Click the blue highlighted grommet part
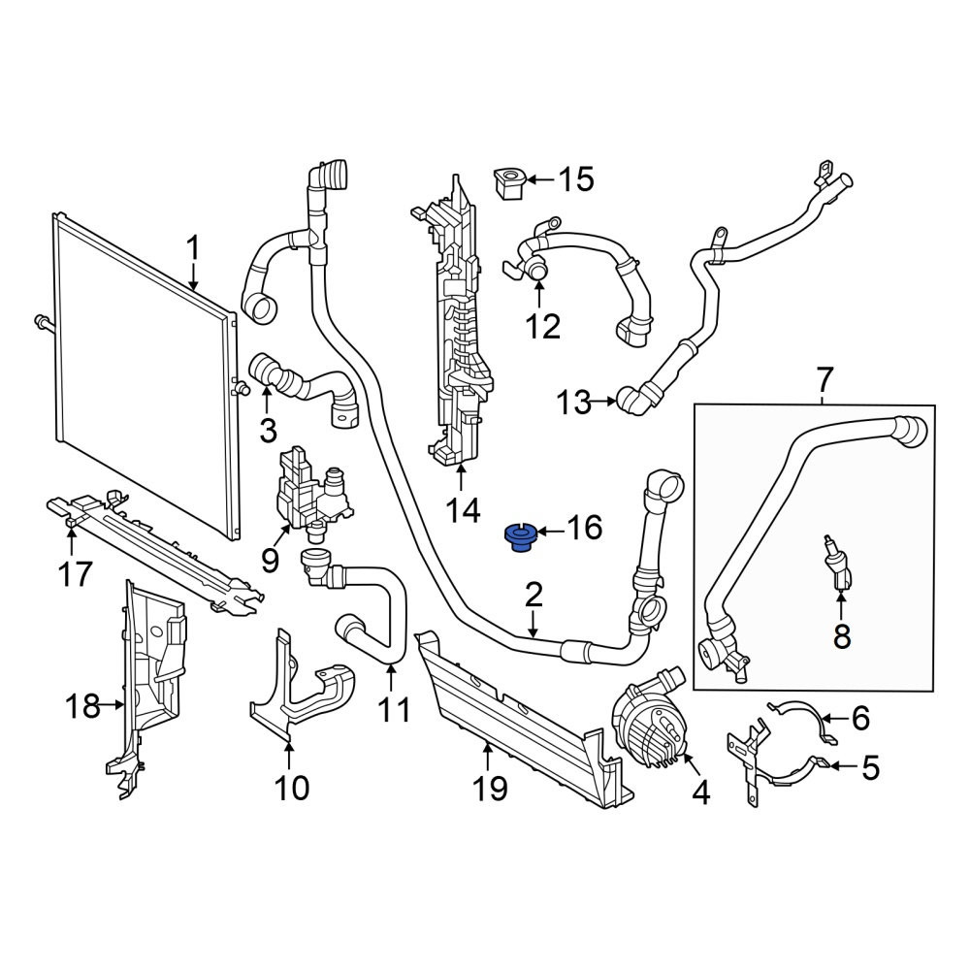[x=519, y=537]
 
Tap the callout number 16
[x=584, y=528]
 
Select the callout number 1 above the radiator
[x=194, y=248]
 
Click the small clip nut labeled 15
[x=509, y=183]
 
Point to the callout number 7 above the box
[x=824, y=379]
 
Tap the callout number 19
[x=490, y=789]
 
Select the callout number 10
[x=291, y=788]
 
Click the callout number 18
[x=82, y=705]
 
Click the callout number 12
[x=542, y=326]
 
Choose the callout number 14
[x=463, y=511]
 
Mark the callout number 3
[x=268, y=430]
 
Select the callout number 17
[x=76, y=574]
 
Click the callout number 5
[x=870, y=767]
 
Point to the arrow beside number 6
[x=834, y=719]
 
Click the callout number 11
[x=394, y=710]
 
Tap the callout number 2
[x=533, y=595]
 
